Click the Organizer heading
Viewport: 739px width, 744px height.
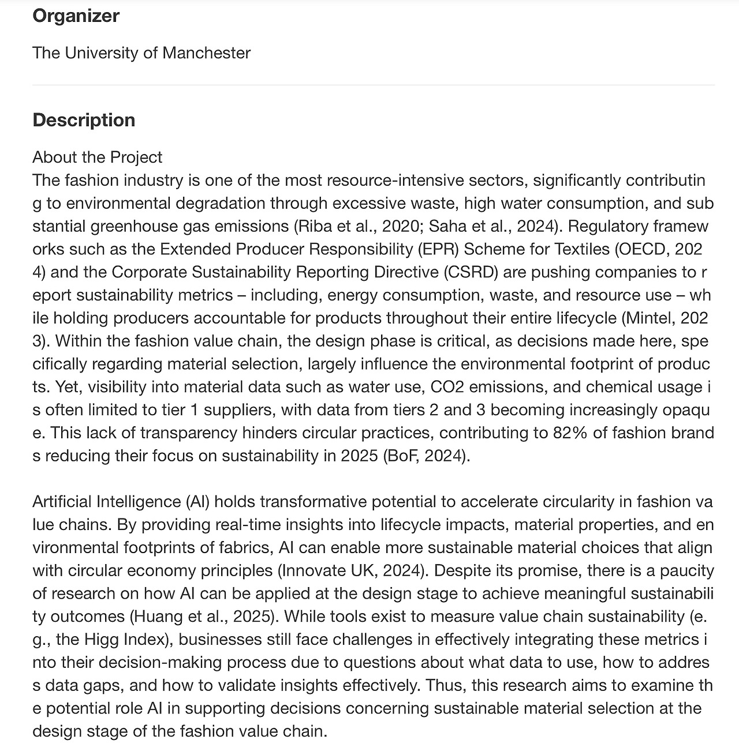point(76,16)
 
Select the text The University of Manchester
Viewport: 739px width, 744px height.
point(141,53)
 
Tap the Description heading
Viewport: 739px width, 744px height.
point(84,120)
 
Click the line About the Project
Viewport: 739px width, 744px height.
point(98,157)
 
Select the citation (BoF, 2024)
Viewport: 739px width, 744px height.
point(426,456)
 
